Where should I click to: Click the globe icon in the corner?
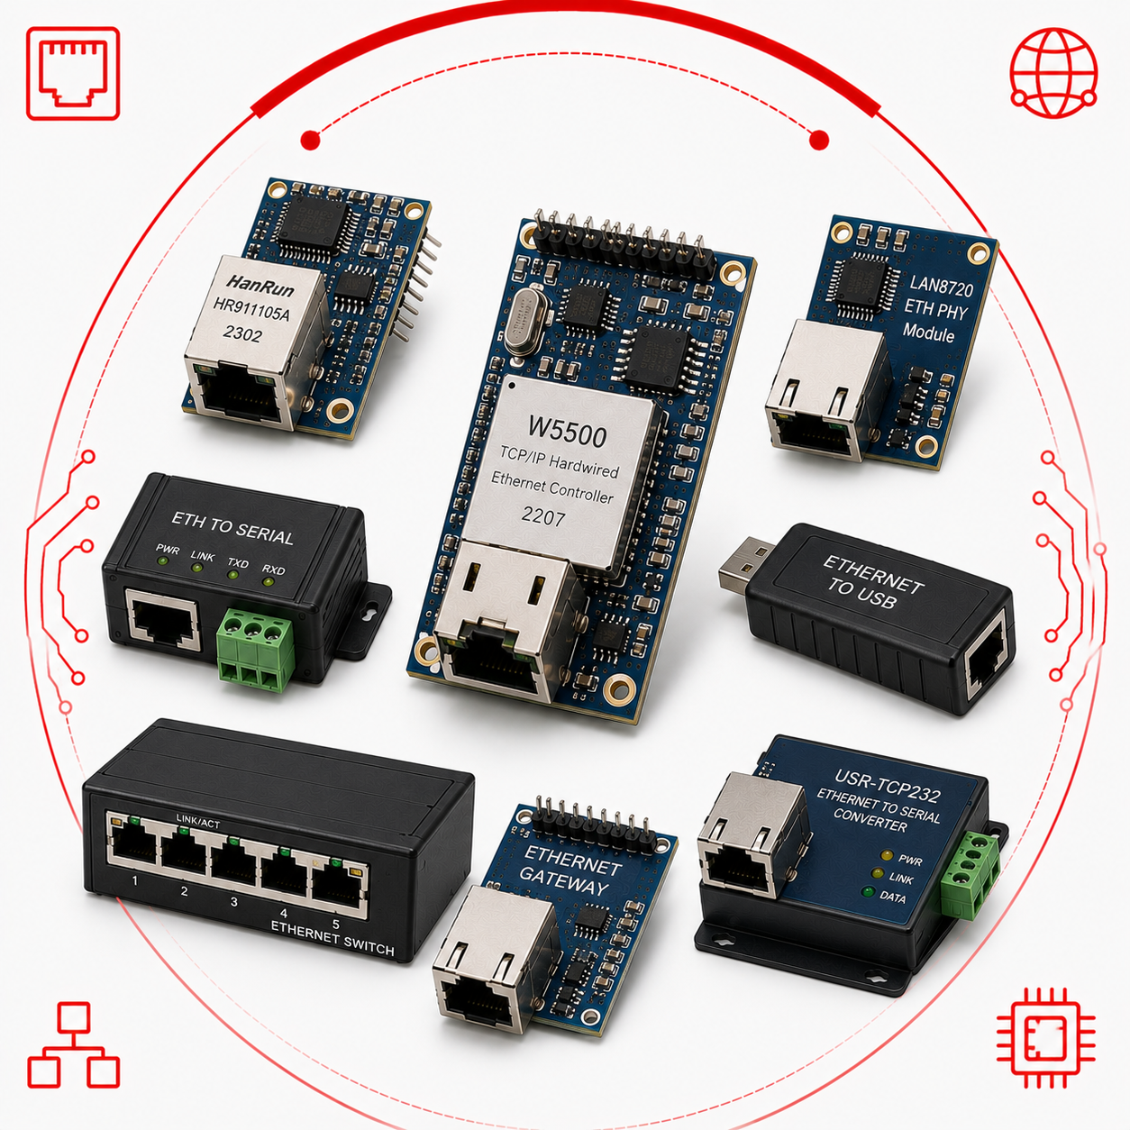point(1053,73)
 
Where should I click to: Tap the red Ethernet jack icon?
point(73,73)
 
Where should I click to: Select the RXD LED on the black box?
point(269,582)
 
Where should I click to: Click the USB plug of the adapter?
point(744,562)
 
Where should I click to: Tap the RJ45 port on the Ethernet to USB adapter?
point(989,663)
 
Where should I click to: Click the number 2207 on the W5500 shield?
point(543,516)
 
